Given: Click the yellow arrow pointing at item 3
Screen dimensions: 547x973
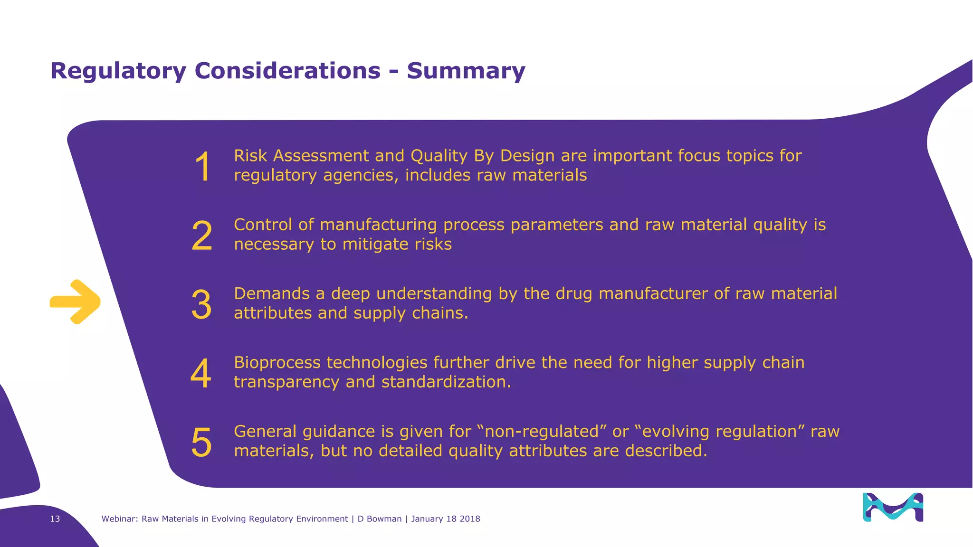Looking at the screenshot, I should point(75,302).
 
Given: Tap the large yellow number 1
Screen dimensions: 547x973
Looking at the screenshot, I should point(203,167).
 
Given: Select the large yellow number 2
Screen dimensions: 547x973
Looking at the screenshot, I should point(202,236).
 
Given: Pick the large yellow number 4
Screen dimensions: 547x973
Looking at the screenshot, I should point(201,374).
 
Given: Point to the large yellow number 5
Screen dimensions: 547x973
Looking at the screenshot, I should point(201,443).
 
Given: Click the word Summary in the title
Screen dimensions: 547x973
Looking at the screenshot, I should point(466,71).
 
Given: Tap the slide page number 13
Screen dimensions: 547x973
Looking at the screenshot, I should point(55,519).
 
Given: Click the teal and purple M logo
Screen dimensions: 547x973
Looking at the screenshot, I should point(893,507).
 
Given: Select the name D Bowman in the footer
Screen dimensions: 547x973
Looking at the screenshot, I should point(379,519).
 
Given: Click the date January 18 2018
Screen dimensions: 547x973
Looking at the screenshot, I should point(446,519).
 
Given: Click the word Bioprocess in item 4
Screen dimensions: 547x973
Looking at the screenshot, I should point(277,363).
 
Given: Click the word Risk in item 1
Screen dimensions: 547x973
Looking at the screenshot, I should point(250,156).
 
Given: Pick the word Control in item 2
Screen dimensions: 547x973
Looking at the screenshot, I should point(263,225).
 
